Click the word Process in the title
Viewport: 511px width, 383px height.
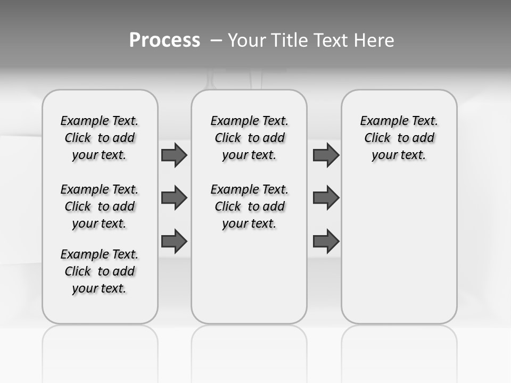tap(164, 40)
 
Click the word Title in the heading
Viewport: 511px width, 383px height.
tap(289, 40)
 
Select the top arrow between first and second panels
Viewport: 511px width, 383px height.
tap(174, 155)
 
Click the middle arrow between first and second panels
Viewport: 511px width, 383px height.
tap(174, 198)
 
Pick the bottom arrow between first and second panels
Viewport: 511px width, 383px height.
tap(174, 241)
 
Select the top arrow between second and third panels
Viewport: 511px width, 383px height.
tap(326, 155)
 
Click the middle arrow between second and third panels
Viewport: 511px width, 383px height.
tap(326, 198)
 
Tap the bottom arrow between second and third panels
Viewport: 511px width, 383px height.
tap(326, 241)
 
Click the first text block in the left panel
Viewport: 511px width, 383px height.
tap(100, 138)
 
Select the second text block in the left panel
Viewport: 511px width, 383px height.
tap(100, 206)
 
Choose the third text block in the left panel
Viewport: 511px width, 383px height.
tap(100, 271)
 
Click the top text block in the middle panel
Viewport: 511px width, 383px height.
tap(249, 138)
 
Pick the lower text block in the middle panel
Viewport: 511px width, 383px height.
tap(249, 206)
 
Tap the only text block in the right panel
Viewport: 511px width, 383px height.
tap(399, 138)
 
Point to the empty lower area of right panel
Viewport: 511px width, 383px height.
tap(399, 250)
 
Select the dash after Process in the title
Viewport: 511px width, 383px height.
tap(216, 40)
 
